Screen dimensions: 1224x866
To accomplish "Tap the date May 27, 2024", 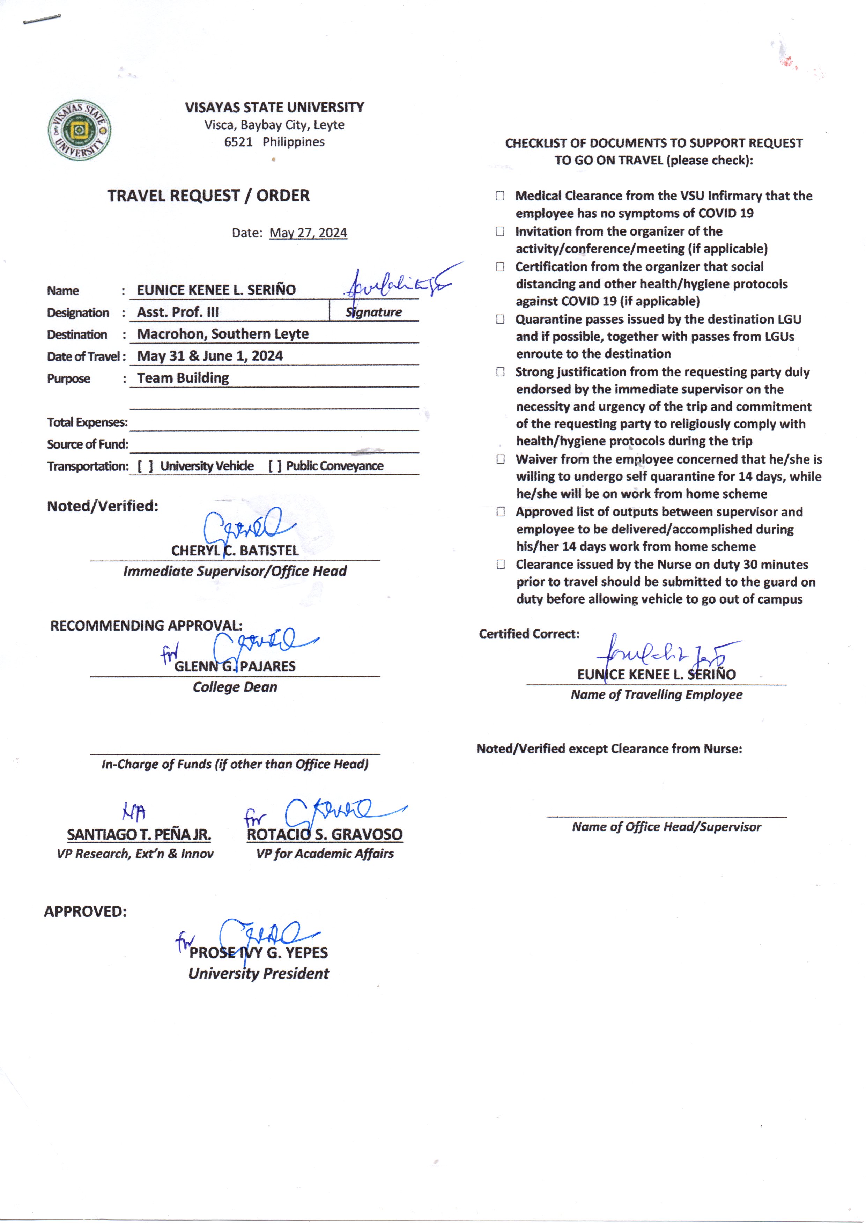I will click(308, 233).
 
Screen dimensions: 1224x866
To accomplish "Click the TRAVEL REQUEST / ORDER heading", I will click(208, 196).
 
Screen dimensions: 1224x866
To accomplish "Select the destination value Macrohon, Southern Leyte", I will click(223, 334).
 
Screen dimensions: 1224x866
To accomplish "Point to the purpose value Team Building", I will click(183, 378).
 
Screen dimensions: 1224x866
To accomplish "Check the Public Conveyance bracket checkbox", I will click(275, 466).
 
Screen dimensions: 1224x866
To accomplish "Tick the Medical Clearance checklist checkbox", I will click(500, 196).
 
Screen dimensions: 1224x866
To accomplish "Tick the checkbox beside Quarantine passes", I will click(500, 319).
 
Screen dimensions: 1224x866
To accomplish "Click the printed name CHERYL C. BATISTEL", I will click(235, 551).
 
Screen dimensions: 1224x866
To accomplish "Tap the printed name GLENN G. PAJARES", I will click(235, 666).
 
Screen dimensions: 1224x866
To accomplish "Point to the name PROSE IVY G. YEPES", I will click(259, 952).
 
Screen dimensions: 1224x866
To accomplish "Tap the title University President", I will click(259, 973).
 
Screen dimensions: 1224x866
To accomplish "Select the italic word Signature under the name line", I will click(374, 312).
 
